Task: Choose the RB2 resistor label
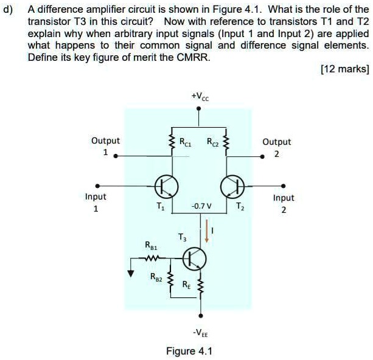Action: pos(157,277)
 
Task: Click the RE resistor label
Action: pos(186,284)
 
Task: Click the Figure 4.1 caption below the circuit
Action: pos(189,351)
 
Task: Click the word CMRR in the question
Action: pos(195,58)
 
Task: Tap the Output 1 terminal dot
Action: pos(116,156)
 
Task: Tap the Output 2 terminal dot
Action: pos(263,156)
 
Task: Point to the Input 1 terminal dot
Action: pos(96,185)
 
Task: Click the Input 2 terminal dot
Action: pos(283,185)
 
